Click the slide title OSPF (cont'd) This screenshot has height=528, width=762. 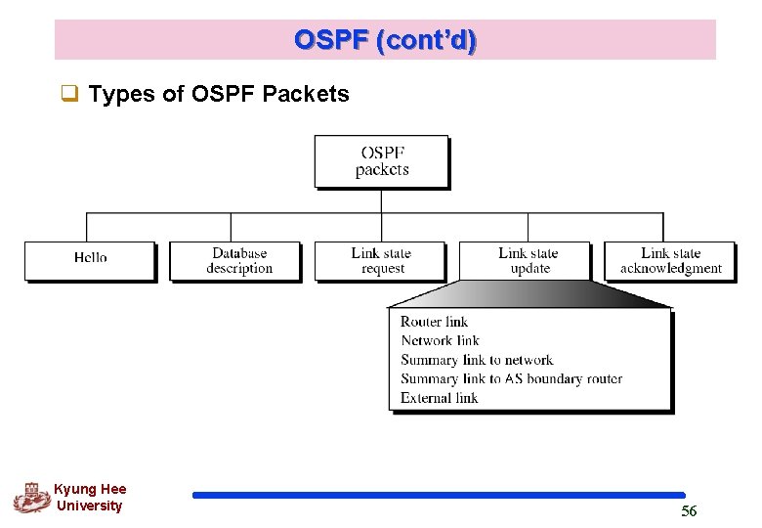(x=385, y=40)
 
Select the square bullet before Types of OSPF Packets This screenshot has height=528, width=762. (x=69, y=94)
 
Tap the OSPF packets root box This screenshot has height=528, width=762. (x=381, y=161)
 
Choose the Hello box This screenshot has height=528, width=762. (x=90, y=260)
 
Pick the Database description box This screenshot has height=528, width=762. (x=235, y=260)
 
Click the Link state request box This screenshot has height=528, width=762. (x=381, y=260)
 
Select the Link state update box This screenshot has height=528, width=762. (x=526, y=260)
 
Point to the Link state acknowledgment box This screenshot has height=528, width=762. (x=670, y=260)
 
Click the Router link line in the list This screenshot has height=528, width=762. (x=434, y=322)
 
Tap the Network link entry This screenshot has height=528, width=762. (x=440, y=340)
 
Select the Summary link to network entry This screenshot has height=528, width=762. (x=477, y=360)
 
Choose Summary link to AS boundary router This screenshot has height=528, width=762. (x=511, y=378)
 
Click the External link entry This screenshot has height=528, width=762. (x=439, y=398)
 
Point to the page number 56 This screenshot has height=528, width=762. (x=689, y=511)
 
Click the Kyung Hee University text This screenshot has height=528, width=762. (x=90, y=497)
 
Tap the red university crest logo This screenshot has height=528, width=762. (x=31, y=498)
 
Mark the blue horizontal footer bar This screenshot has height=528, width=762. (x=439, y=495)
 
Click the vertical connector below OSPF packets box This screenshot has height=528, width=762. (x=381, y=200)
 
